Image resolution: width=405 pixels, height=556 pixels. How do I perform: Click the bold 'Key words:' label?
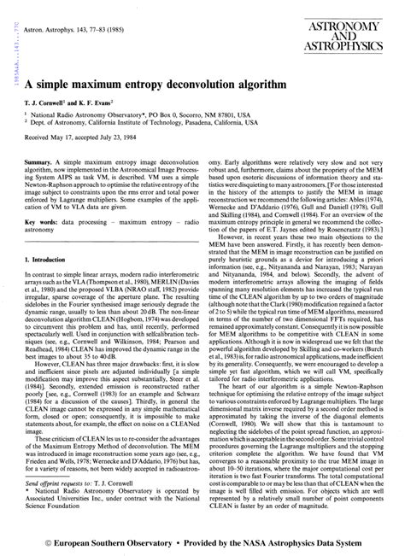40,220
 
